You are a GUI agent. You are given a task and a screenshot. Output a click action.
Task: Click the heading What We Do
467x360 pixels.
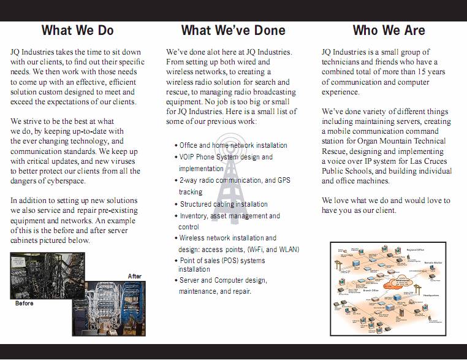point(77,31)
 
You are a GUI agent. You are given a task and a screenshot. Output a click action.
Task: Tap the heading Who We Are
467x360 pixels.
point(389,31)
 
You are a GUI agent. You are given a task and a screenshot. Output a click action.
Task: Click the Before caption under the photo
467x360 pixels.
point(24,304)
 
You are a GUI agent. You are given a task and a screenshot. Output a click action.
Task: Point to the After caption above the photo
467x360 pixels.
point(134,276)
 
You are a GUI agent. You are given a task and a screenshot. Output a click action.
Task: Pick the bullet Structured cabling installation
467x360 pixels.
point(223,204)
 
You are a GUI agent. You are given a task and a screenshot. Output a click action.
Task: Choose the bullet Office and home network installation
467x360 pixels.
point(233,145)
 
